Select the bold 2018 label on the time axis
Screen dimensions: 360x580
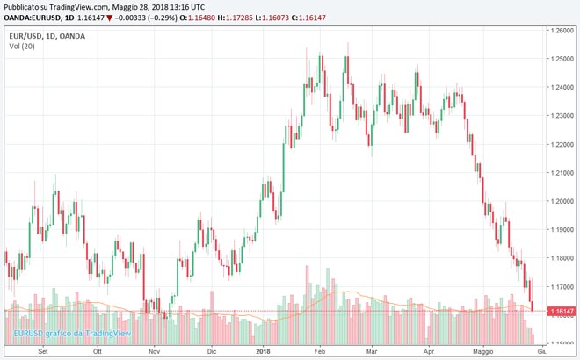[x=261, y=351]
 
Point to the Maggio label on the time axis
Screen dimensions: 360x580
[x=484, y=351]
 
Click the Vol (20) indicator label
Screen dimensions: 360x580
[x=21, y=46]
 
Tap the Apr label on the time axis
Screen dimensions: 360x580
[x=428, y=351]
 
